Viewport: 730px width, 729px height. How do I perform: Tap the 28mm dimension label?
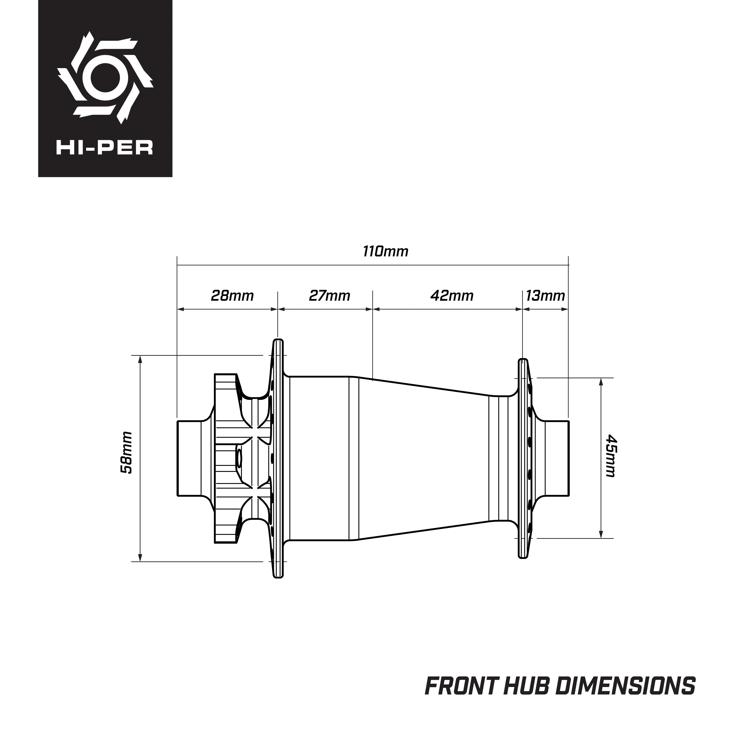pyautogui.click(x=232, y=296)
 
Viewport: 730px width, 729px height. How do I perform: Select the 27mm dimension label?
pyautogui.click(x=330, y=296)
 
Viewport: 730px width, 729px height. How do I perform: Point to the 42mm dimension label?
pyautogui.click(x=452, y=296)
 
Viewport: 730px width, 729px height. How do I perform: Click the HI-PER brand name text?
pyautogui.click(x=105, y=148)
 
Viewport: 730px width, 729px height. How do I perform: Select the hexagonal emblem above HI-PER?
pyautogui.click(x=105, y=77)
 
